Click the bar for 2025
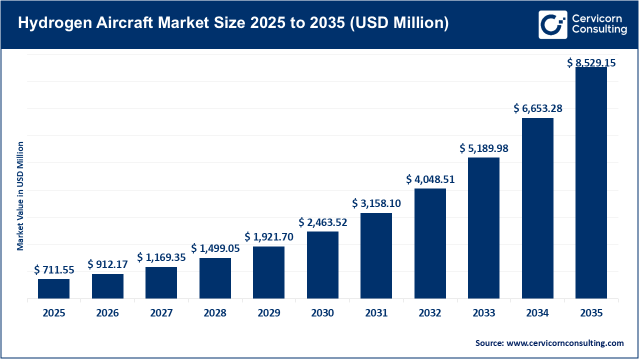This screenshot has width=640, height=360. (53, 288)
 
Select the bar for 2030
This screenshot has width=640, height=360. (322, 265)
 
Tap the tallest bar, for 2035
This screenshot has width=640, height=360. (591, 182)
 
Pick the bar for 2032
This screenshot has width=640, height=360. (430, 243)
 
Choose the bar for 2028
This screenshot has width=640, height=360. (215, 278)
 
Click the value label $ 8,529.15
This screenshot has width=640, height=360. (591, 62)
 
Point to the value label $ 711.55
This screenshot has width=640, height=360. (54, 270)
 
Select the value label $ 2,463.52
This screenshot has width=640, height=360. (322, 222)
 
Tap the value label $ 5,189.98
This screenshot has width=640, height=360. (484, 148)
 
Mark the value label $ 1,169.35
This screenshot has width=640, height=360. (161, 257)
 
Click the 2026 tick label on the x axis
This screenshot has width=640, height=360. (107, 313)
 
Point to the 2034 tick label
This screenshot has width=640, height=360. (537, 313)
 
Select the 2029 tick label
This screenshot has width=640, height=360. (268, 313)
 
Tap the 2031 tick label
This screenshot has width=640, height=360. (376, 313)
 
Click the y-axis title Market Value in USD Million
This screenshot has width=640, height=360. (20, 196)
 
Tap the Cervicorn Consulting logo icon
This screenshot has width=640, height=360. (552, 24)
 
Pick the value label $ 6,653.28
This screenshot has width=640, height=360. (537, 108)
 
